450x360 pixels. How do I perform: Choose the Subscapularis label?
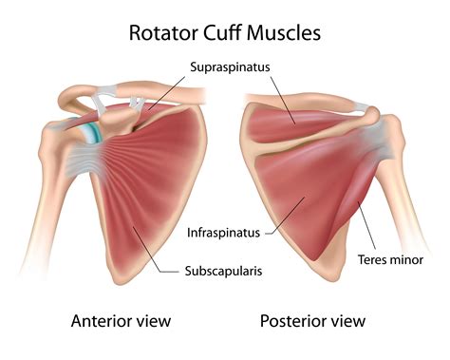pos(223,272)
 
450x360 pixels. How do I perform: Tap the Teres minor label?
pos(390,258)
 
